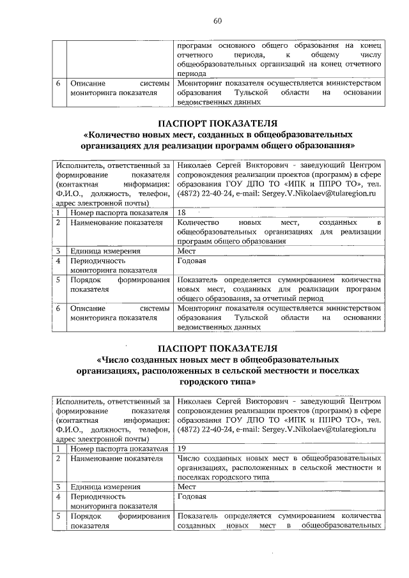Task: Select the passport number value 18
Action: [x=182, y=213]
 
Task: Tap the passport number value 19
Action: [x=182, y=449]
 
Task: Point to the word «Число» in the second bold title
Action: [x=120, y=359]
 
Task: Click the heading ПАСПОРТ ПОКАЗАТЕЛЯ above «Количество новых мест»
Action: [x=217, y=123]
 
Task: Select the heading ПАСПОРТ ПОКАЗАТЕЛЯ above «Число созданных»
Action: [x=217, y=347]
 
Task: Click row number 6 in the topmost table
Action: [x=58, y=84]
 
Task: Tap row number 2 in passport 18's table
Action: [x=58, y=222]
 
